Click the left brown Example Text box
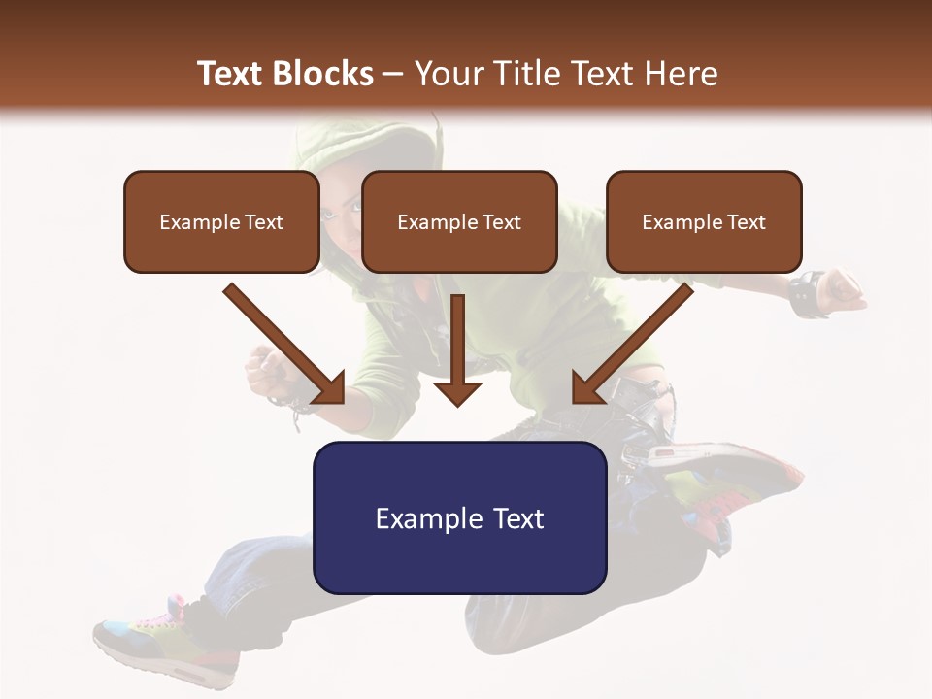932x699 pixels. coord(221,221)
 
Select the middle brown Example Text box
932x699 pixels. coord(459,221)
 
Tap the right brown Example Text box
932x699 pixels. coord(704,221)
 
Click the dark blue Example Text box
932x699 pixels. coord(459,517)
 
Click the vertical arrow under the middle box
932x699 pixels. coord(457,349)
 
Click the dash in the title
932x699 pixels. coord(393,74)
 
